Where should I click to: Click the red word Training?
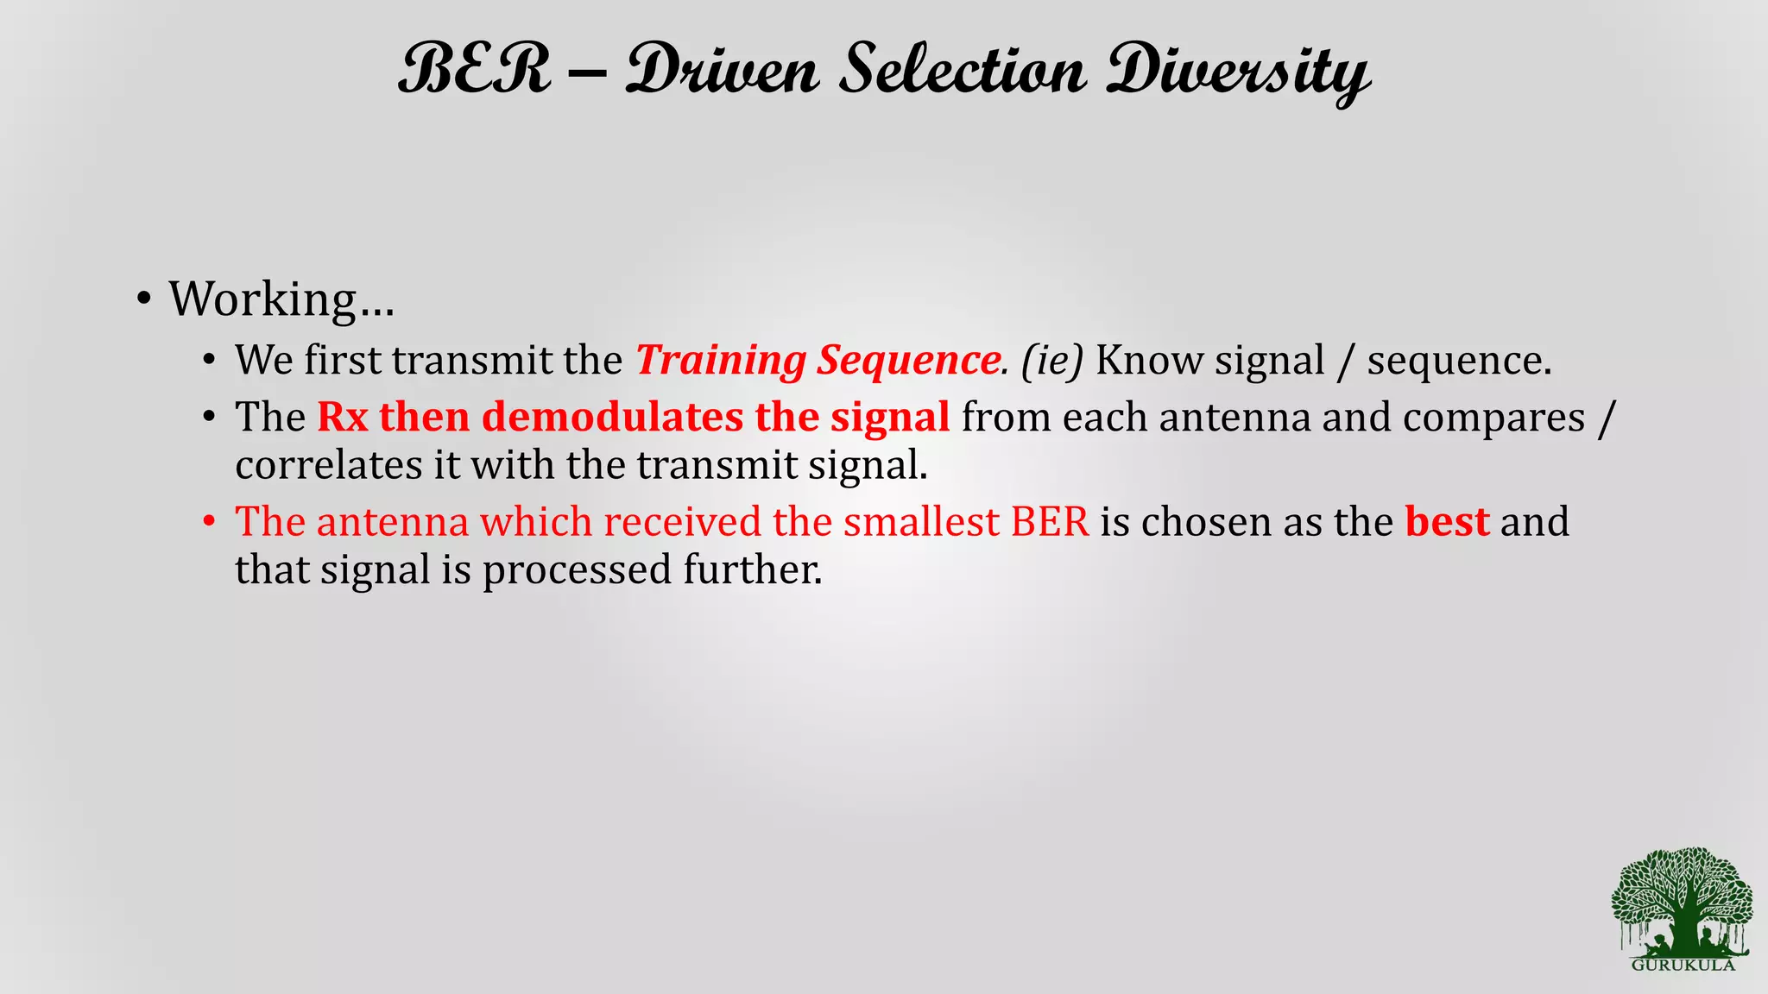[x=720, y=361]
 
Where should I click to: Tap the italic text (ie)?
[x=1051, y=361]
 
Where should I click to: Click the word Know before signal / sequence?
[x=1149, y=361]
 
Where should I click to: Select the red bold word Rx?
[x=343, y=418]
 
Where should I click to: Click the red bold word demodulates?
[x=612, y=418]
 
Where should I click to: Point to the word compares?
[x=1493, y=418]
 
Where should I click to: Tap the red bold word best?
[x=1447, y=522]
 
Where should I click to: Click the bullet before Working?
[x=144, y=299]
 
